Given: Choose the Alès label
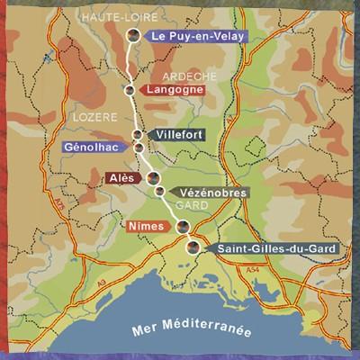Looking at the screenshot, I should tap(118, 177).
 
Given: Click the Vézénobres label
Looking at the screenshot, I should tap(204, 192).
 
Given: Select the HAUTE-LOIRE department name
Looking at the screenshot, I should tap(107, 16).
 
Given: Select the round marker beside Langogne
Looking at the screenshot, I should tap(130, 91).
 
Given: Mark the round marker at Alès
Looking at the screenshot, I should tap(153, 177).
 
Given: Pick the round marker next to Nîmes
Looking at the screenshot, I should tap(184, 226).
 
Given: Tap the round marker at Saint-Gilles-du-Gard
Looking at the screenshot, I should tap(193, 247).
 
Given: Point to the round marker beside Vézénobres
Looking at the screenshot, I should tap(160, 191).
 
